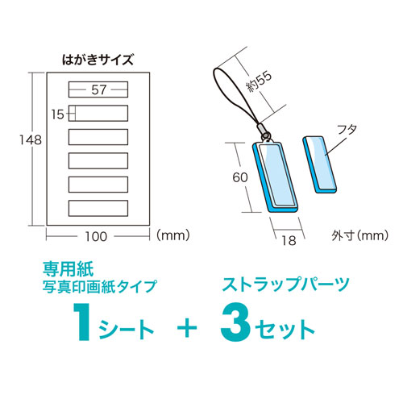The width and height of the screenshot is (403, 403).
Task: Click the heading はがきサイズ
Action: [98, 58]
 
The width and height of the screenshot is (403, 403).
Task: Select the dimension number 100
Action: [98, 236]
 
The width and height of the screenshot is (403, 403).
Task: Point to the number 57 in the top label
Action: [99, 89]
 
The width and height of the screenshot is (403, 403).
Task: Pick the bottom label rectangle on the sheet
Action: [98, 207]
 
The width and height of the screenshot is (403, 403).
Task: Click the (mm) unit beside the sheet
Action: [171, 236]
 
